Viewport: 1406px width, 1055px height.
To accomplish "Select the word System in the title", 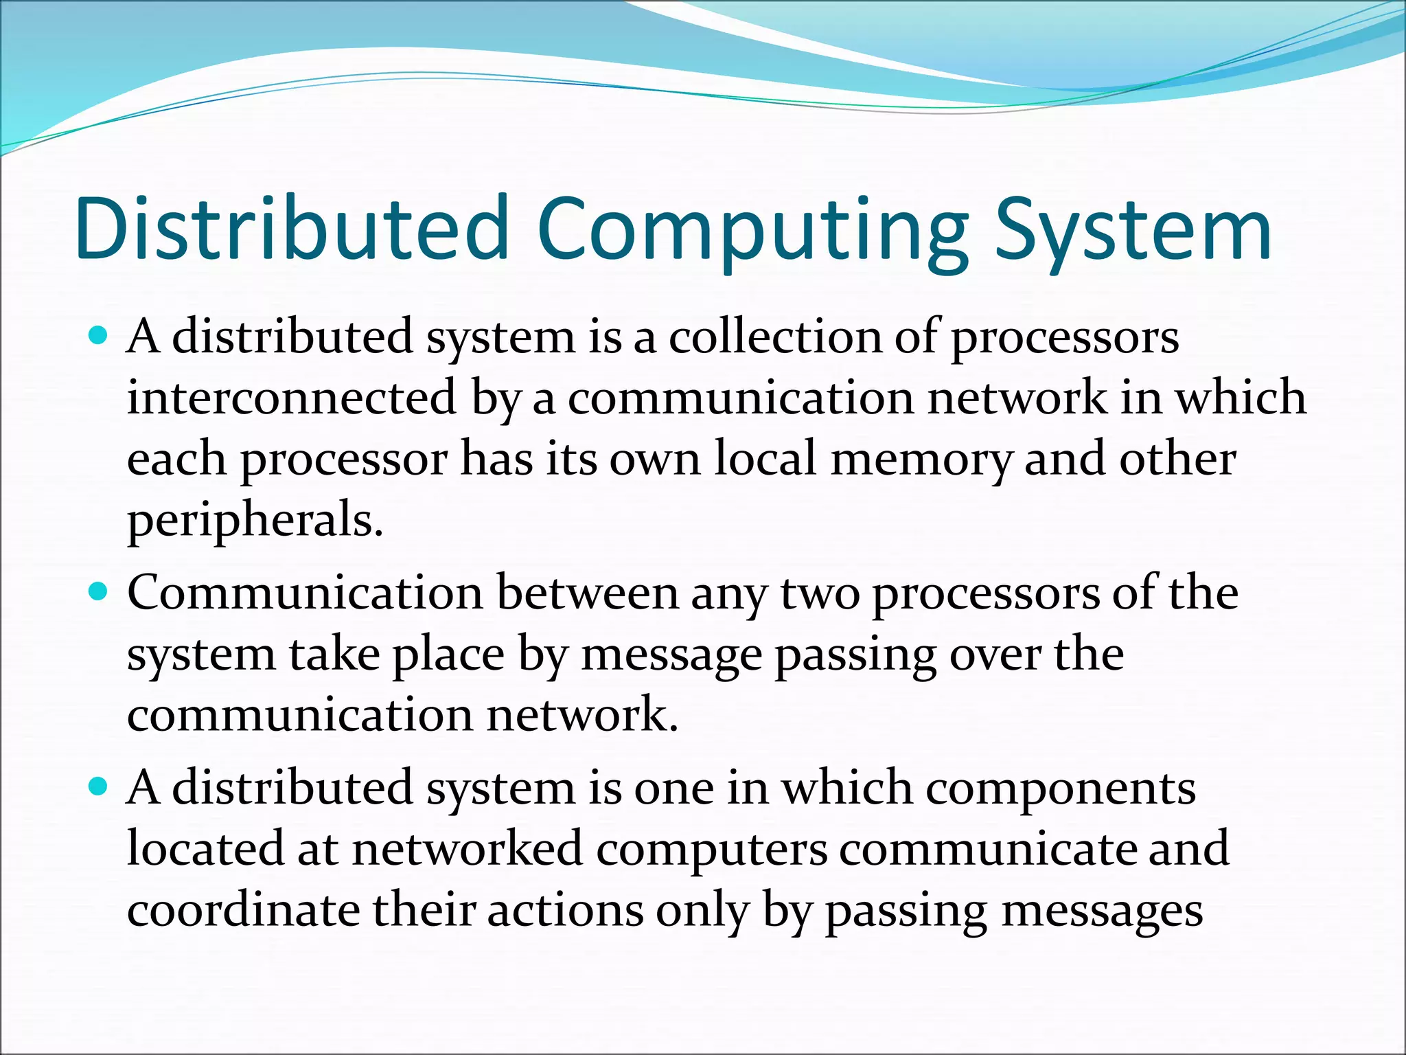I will (1133, 231).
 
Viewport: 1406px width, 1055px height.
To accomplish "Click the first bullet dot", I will (99, 336).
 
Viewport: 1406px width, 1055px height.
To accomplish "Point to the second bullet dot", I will (99, 591).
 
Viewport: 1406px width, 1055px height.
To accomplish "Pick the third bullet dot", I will (99, 786).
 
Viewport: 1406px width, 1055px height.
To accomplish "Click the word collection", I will (775, 337).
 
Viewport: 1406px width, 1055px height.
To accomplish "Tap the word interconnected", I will (292, 398).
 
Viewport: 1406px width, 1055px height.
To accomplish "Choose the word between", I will (587, 593).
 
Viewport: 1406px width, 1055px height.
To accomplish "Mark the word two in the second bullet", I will (820, 593).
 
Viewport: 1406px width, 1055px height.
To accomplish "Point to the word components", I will (1061, 789).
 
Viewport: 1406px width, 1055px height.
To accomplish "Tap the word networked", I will (468, 849).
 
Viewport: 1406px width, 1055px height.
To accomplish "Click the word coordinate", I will (244, 911).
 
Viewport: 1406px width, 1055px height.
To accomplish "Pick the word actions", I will (566, 911).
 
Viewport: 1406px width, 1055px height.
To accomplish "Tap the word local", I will (765, 459).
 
